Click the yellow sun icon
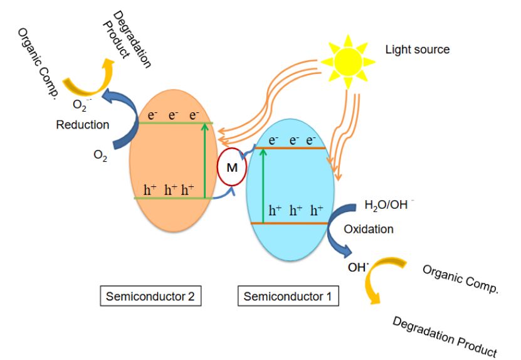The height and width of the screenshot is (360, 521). click(x=348, y=61)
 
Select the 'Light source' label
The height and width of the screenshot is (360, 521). click(x=418, y=50)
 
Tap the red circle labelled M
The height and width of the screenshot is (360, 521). click(x=231, y=167)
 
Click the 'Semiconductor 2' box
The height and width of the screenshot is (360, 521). click(x=150, y=296)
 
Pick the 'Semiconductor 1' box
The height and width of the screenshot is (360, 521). click(x=288, y=296)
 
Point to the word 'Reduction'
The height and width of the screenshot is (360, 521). click(x=83, y=125)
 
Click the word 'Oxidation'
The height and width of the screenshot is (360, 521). click(x=369, y=229)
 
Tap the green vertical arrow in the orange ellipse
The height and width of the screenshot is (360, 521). click(x=205, y=161)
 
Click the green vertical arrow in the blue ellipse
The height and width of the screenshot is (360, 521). click(x=263, y=186)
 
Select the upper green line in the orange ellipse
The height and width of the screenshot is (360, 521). click(x=176, y=124)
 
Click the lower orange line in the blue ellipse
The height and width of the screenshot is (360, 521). click(x=290, y=223)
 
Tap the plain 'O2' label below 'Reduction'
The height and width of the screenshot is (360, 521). click(x=100, y=156)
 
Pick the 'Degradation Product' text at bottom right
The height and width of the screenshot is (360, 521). click(x=445, y=336)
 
